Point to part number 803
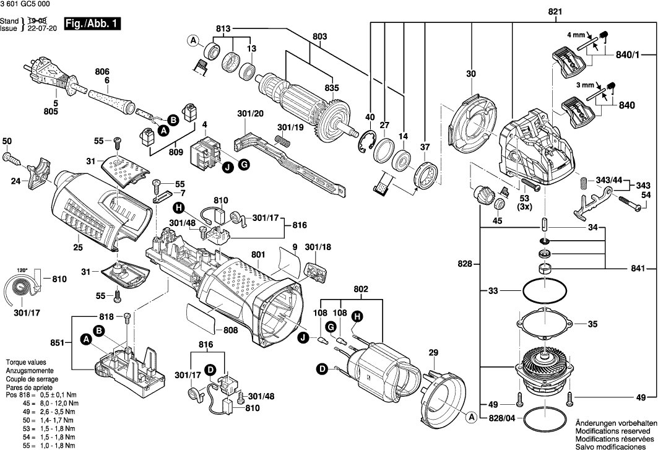coord(319,37)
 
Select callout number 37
coord(425,147)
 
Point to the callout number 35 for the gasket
coord(592,324)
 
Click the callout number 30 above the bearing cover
coord(471,74)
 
